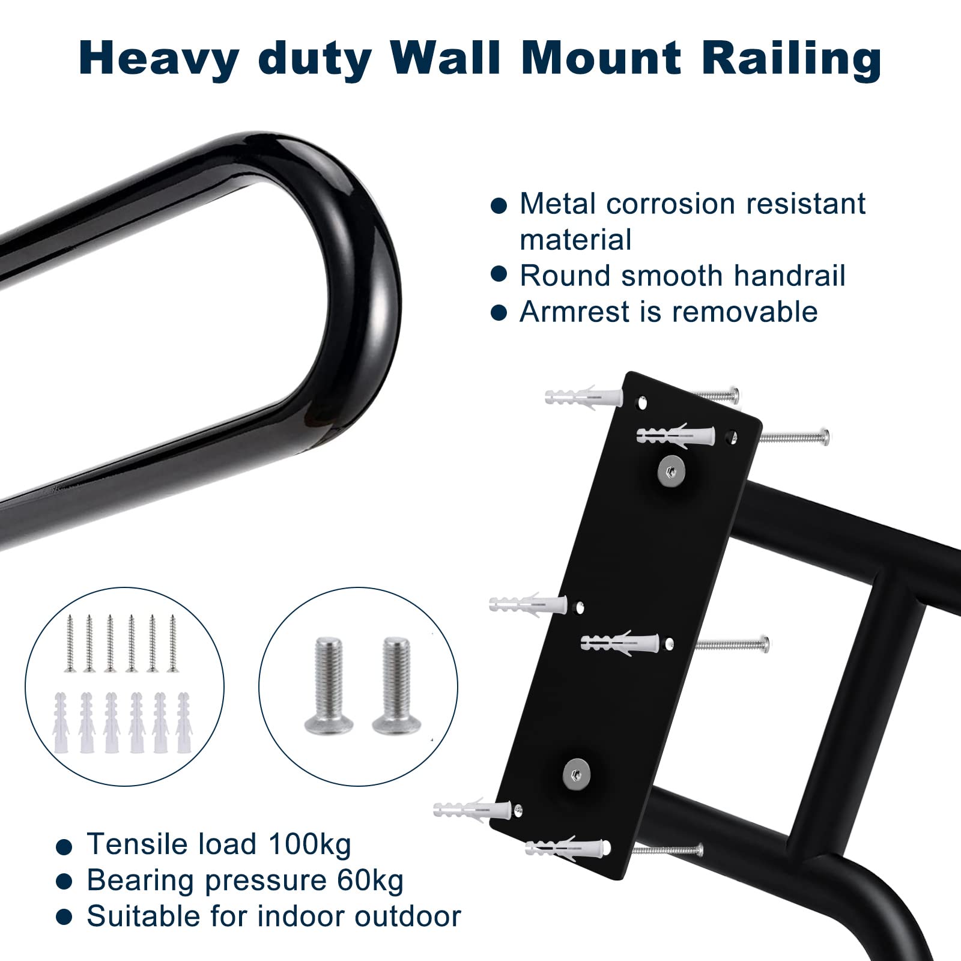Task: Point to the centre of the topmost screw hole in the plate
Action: coord(642,402)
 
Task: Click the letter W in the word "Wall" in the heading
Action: coord(421,58)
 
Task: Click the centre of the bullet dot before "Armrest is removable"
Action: coord(499,312)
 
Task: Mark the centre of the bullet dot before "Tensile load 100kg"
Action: coord(64,846)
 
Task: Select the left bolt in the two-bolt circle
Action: coord(328,685)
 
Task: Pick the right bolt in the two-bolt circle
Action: coord(396,685)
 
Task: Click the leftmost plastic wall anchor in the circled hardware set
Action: coord(61,723)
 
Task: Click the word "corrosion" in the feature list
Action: coord(670,204)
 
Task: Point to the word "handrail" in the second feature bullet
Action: coord(789,276)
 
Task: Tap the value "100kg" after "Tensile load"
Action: coord(309,846)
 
